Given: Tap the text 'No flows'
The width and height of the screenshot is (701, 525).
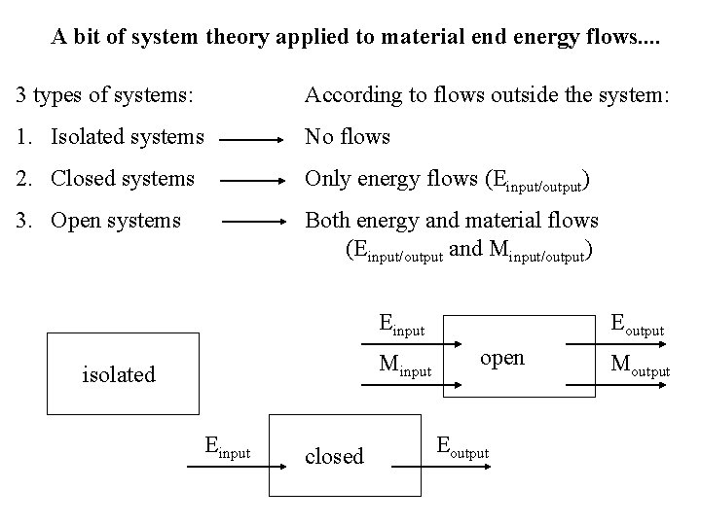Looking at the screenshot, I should pos(348,137).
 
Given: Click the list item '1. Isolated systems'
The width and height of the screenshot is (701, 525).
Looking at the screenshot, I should pos(110,137).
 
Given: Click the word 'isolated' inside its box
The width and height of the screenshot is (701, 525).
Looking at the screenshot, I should pos(119,373).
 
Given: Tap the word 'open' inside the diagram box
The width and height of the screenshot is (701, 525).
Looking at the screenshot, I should pos(502,358).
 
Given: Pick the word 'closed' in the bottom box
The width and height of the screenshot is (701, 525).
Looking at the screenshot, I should pos(333,456).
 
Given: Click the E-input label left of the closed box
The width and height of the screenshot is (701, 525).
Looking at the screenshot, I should pos(227,447).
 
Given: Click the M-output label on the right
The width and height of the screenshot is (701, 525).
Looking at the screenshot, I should pos(639,367).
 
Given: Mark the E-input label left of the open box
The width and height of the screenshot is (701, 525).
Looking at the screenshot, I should pos(401,326).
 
